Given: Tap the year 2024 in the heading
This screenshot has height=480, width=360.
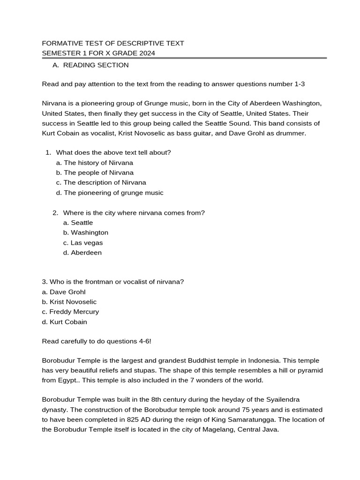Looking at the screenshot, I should click(146, 53).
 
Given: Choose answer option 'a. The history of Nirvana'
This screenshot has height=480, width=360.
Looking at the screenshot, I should click(94, 163).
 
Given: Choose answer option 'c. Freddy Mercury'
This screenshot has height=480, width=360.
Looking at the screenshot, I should click(70, 312).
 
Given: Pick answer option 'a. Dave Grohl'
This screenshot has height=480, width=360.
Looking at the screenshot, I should click(64, 292).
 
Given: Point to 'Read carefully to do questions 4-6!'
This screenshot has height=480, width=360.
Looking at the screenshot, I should click(97, 341).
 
